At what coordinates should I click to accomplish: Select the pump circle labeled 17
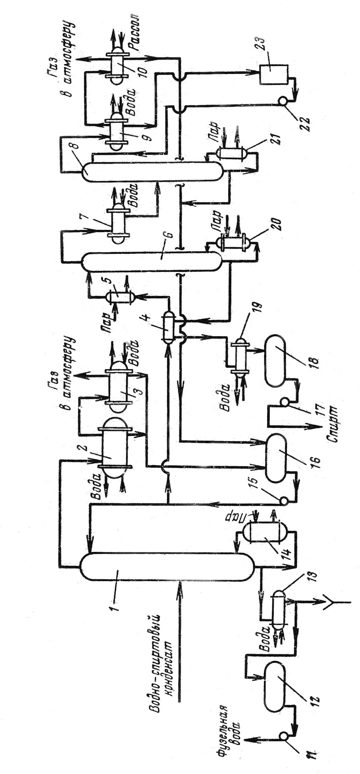pyautogui.click(x=285, y=403)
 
